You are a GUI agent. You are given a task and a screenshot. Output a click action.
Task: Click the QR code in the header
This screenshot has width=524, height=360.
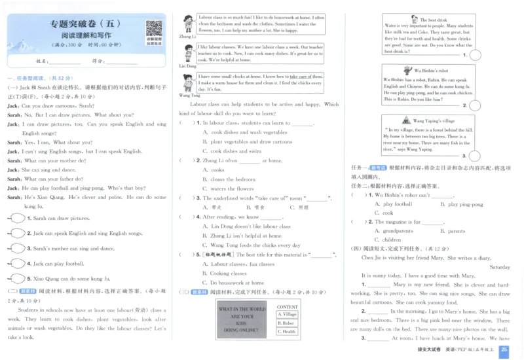tap(154, 29)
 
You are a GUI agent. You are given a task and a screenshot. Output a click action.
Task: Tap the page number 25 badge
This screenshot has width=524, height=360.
tap(504, 351)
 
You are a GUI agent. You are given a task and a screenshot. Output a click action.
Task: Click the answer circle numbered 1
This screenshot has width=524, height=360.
tap(16, 218)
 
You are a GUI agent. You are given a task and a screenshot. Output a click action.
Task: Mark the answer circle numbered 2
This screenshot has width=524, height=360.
tap(16, 233)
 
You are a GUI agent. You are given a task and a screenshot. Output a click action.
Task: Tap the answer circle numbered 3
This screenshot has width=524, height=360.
tap(16, 248)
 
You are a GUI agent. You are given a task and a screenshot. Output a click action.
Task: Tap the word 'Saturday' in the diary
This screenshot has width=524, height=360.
tap(499, 267)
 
